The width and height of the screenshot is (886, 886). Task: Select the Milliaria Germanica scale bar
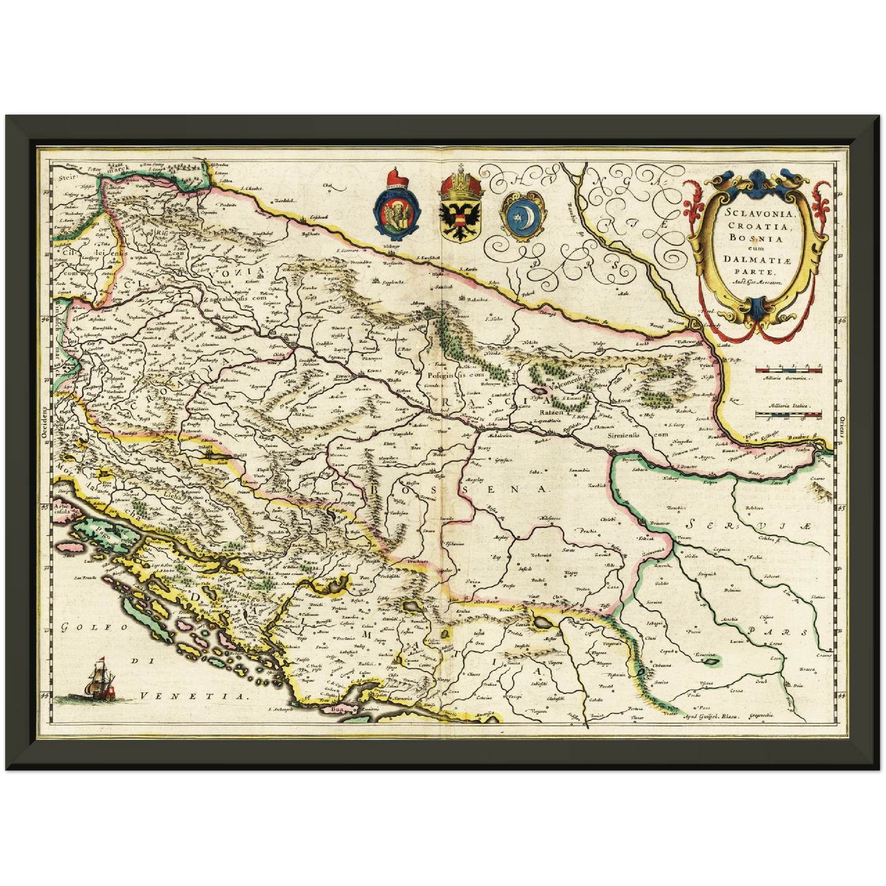787,370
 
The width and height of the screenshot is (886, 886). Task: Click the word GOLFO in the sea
94,627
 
